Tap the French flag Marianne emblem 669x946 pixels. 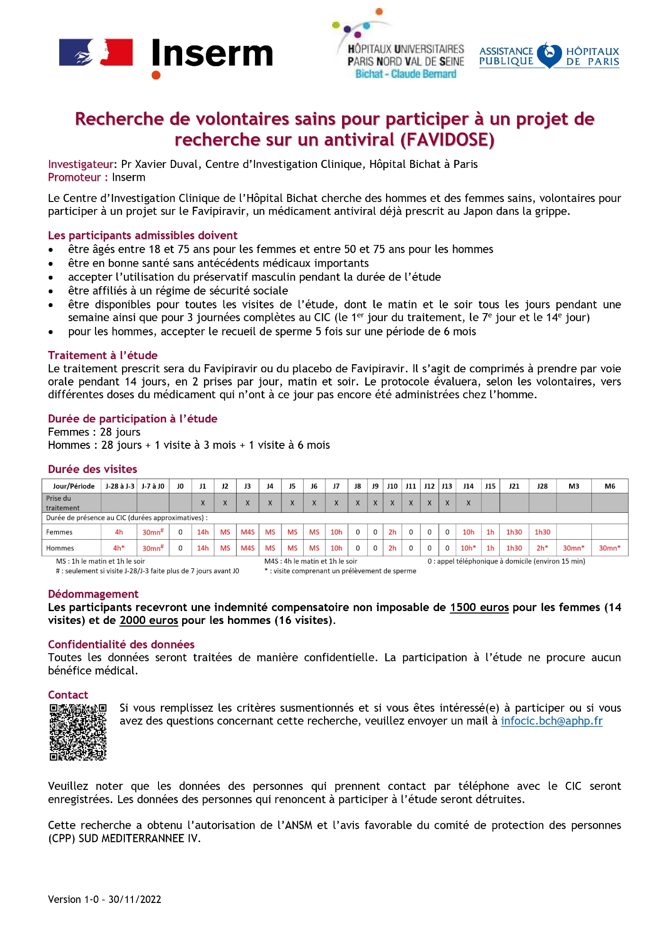(x=96, y=52)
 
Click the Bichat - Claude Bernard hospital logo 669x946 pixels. (x=400, y=47)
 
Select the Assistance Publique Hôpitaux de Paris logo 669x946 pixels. (x=549, y=56)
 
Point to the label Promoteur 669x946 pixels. (x=74, y=177)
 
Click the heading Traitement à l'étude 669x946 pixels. (x=103, y=355)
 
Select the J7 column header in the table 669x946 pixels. (x=336, y=486)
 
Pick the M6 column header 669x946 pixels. (x=610, y=486)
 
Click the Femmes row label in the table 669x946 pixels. (x=60, y=532)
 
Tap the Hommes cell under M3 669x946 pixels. (x=573, y=548)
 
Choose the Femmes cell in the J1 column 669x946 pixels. (x=202, y=532)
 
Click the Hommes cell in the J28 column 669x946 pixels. (x=542, y=548)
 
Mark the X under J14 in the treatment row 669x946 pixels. (x=468, y=503)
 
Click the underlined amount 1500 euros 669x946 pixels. (x=479, y=607)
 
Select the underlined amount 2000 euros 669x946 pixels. (x=149, y=621)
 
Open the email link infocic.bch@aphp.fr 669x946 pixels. (x=552, y=721)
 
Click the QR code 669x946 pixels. (x=78, y=732)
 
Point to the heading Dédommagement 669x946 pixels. (x=93, y=594)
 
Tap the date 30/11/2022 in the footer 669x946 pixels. (x=135, y=900)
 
